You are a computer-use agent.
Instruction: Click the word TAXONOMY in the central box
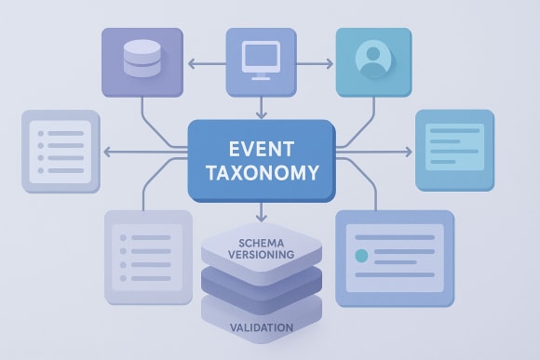click(x=261, y=173)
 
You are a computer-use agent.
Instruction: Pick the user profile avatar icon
click(x=371, y=59)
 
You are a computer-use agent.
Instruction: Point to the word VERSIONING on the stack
click(x=261, y=253)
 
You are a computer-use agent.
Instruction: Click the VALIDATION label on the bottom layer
click(x=261, y=327)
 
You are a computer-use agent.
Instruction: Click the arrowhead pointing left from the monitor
click(x=190, y=64)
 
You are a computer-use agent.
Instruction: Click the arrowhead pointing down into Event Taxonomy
click(x=261, y=115)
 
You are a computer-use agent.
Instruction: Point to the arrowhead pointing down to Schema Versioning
click(x=261, y=216)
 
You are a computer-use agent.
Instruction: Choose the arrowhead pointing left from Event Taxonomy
click(x=107, y=152)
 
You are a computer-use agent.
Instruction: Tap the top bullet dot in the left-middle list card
click(x=39, y=134)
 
